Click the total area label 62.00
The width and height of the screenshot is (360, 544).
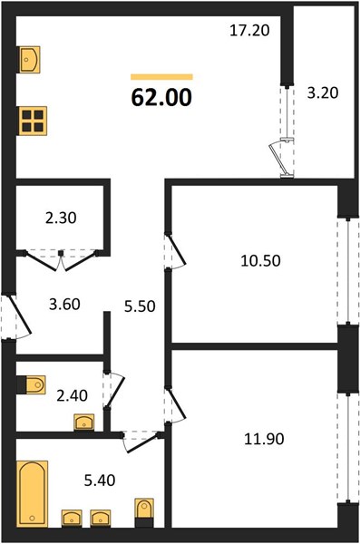[x=161, y=97]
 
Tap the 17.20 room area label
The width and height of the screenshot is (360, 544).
[x=249, y=31]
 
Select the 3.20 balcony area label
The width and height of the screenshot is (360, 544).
[x=323, y=93]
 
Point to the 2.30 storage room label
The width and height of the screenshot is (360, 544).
[x=61, y=218]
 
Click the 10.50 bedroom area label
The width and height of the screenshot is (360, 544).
[x=261, y=260]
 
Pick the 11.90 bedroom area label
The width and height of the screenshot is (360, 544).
[x=264, y=439]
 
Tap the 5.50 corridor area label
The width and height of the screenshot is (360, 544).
[x=140, y=306]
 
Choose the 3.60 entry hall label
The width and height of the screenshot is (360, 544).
[x=65, y=305]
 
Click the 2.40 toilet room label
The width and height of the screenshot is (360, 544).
[x=73, y=395]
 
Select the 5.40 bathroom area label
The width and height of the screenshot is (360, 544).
[x=100, y=481]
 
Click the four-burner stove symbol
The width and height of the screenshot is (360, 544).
[x=33, y=121]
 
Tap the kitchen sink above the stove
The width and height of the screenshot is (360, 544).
[x=29, y=60]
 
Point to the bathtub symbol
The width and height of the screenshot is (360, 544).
[x=33, y=493]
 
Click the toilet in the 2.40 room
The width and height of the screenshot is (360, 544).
[x=32, y=384]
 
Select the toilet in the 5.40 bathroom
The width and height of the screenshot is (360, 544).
[x=144, y=513]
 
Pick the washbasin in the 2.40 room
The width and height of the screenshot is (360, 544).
[x=84, y=423]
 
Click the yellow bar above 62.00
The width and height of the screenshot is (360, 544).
[x=161, y=77]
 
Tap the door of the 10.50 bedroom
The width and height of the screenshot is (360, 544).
[x=176, y=251]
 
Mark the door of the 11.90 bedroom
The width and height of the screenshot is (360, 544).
[x=176, y=405]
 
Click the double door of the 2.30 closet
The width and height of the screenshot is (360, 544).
[x=61, y=260]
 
